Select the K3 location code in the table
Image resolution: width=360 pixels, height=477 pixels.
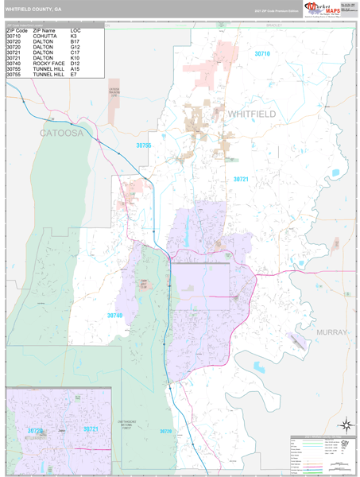pyautogui.click(x=74, y=37)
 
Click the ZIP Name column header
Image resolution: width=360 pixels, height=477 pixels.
pyautogui.click(x=45, y=30)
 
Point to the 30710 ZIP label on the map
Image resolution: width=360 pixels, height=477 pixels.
pyautogui.click(x=262, y=54)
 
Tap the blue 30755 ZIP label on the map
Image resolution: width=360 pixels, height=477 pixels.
pyautogui.click(x=144, y=145)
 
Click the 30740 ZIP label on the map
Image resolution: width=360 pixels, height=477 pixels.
pyautogui.click(x=114, y=316)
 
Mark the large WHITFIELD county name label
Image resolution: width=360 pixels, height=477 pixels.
pyautogui.click(x=252, y=114)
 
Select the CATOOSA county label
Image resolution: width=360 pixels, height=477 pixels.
pyautogui.click(x=62, y=134)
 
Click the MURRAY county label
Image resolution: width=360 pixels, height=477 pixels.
pyautogui.click(x=331, y=332)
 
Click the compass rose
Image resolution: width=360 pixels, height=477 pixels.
pyautogui.click(x=345, y=425)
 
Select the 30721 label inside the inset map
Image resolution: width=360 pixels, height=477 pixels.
pyautogui.click(x=91, y=429)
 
